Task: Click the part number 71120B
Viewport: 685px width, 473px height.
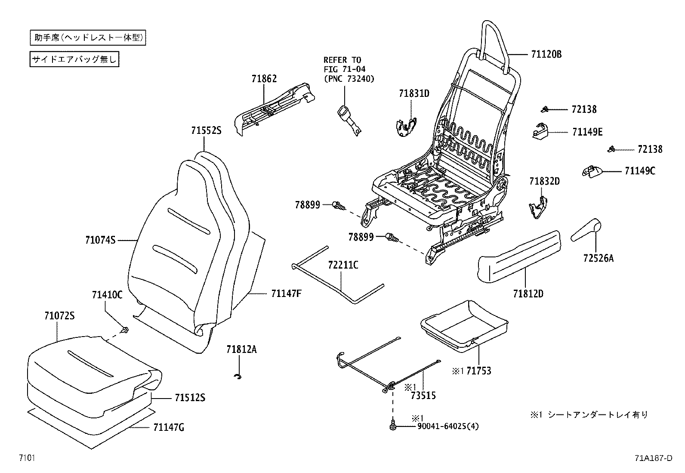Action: [x=546, y=55]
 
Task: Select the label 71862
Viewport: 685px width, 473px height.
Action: [x=264, y=79]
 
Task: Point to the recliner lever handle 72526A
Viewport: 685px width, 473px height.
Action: [x=586, y=230]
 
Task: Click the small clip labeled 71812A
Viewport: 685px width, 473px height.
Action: [x=237, y=377]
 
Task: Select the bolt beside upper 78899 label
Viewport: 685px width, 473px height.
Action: [x=339, y=206]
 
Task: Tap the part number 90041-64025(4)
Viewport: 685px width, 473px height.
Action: [x=447, y=427]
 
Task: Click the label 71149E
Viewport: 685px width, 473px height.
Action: [x=587, y=132]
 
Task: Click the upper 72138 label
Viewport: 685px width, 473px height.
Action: [x=584, y=109]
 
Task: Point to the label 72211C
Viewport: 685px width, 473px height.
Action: [x=343, y=265]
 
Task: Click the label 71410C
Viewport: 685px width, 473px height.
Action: [x=107, y=295]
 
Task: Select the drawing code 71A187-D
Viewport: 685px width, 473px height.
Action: [x=653, y=458]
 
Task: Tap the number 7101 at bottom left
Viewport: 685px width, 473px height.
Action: [x=26, y=458]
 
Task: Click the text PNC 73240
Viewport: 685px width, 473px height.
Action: [x=349, y=79]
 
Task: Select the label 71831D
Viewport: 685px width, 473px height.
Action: [x=414, y=93]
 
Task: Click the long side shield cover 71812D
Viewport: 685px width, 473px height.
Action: [x=521, y=256]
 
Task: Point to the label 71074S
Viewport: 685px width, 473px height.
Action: [x=100, y=240]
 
